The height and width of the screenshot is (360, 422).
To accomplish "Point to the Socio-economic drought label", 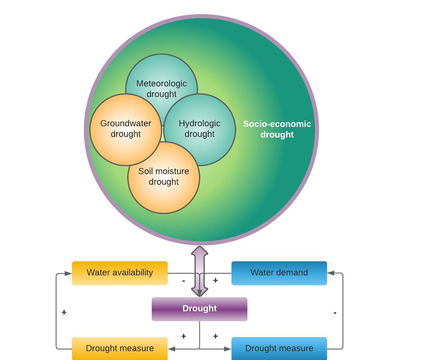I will (x=277, y=129).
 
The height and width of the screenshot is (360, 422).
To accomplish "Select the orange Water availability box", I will (x=120, y=273).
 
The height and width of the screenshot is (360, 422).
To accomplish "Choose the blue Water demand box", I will (x=279, y=273).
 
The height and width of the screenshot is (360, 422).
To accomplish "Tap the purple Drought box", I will (x=200, y=309).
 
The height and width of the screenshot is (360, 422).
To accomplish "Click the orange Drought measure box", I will (x=120, y=348).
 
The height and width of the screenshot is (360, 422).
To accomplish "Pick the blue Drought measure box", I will (x=279, y=348).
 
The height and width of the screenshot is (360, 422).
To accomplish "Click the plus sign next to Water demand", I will (x=215, y=280).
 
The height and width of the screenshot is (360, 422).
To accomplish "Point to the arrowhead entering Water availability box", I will (x=68, y=273).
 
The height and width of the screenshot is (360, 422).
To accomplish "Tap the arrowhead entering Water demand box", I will (x=331, y=273).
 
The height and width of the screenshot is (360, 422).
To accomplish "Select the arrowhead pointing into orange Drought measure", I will (x=171, y=349).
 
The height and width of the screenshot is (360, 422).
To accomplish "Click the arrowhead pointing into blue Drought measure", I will (x=228, y=349).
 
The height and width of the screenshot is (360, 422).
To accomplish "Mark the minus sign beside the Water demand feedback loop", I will (x=335, y=313).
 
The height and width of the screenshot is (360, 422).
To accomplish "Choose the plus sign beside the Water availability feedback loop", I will (x=64, y=313).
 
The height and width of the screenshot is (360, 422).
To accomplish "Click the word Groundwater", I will (x=125, y=124).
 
